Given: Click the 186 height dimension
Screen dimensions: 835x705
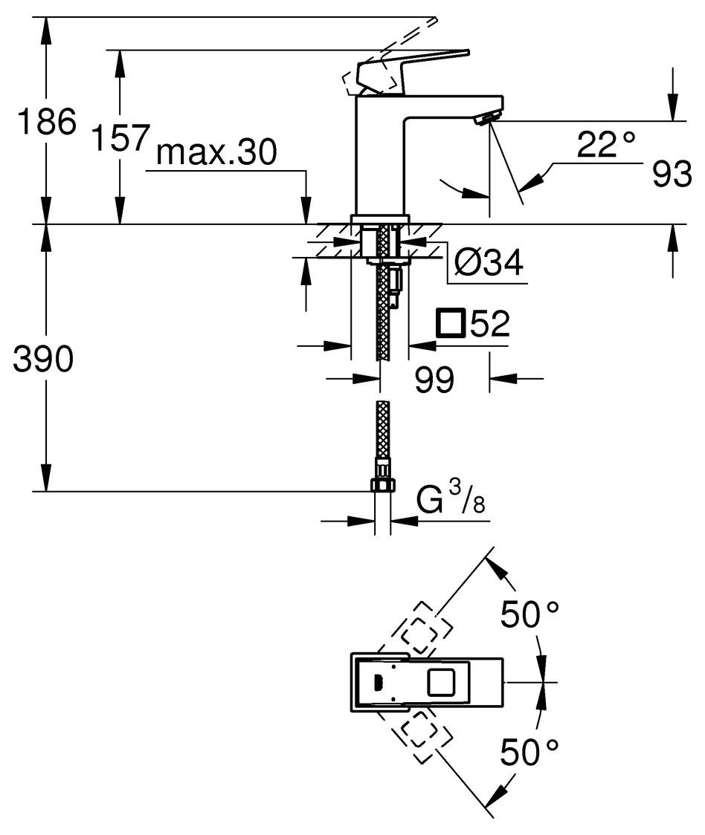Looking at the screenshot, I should point(47,121).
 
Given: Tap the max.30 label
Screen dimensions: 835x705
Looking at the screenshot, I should point(216,153).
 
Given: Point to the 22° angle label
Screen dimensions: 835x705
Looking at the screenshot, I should point(607,144).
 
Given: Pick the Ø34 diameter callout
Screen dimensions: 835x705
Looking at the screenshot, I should point(488,261).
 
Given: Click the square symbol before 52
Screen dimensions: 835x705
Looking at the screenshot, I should point(451,324).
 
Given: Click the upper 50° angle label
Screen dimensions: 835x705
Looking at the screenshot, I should point(529,616).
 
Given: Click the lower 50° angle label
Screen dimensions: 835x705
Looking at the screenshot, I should point(529,753).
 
